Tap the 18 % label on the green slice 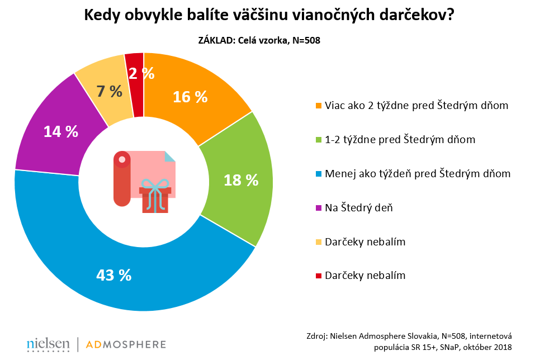241,180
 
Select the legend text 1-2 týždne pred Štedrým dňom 400,139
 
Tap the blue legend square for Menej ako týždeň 319,174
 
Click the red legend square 319,276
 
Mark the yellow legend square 319,242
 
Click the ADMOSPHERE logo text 125,343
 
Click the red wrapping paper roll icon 121,179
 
